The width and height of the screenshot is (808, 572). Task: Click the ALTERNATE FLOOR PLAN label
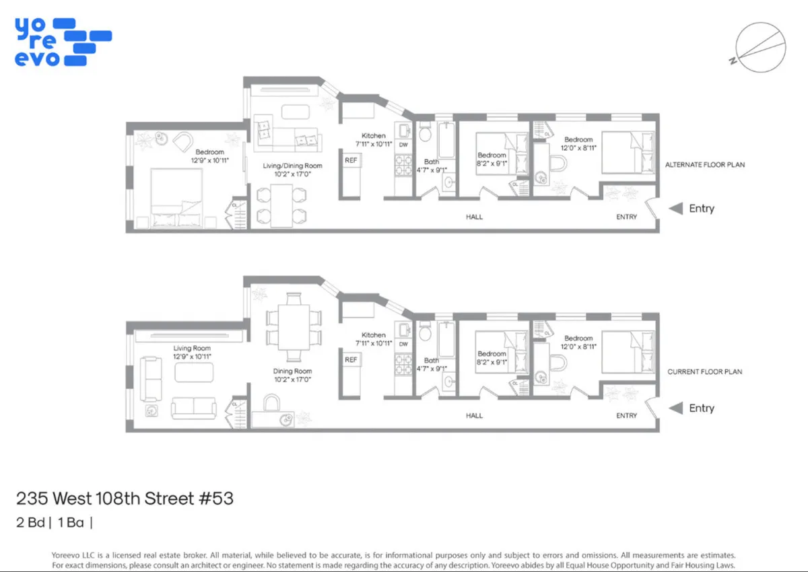click(x=705, y=164)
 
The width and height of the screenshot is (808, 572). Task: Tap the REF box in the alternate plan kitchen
click(x=351, y=161)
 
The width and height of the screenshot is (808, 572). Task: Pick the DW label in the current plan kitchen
click(x=403, y=345)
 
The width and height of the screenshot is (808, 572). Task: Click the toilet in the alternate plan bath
click(x=425, y=133)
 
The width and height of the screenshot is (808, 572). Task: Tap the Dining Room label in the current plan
click(x=292, y=371)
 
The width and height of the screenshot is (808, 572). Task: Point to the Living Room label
click(x=192, y=349)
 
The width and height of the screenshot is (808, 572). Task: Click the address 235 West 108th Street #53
click(x=125, y=499)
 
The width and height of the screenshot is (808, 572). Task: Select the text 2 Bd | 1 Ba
click(x=54, y=521)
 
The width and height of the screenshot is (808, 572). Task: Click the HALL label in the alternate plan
click(x=474, y=217)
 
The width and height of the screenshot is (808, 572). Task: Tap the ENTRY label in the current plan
click(x=626, y=416)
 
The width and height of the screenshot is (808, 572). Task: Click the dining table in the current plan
click(x=292, y=326)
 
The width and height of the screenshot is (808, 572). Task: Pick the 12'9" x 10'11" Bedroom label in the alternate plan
click(x=209, y=156)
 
